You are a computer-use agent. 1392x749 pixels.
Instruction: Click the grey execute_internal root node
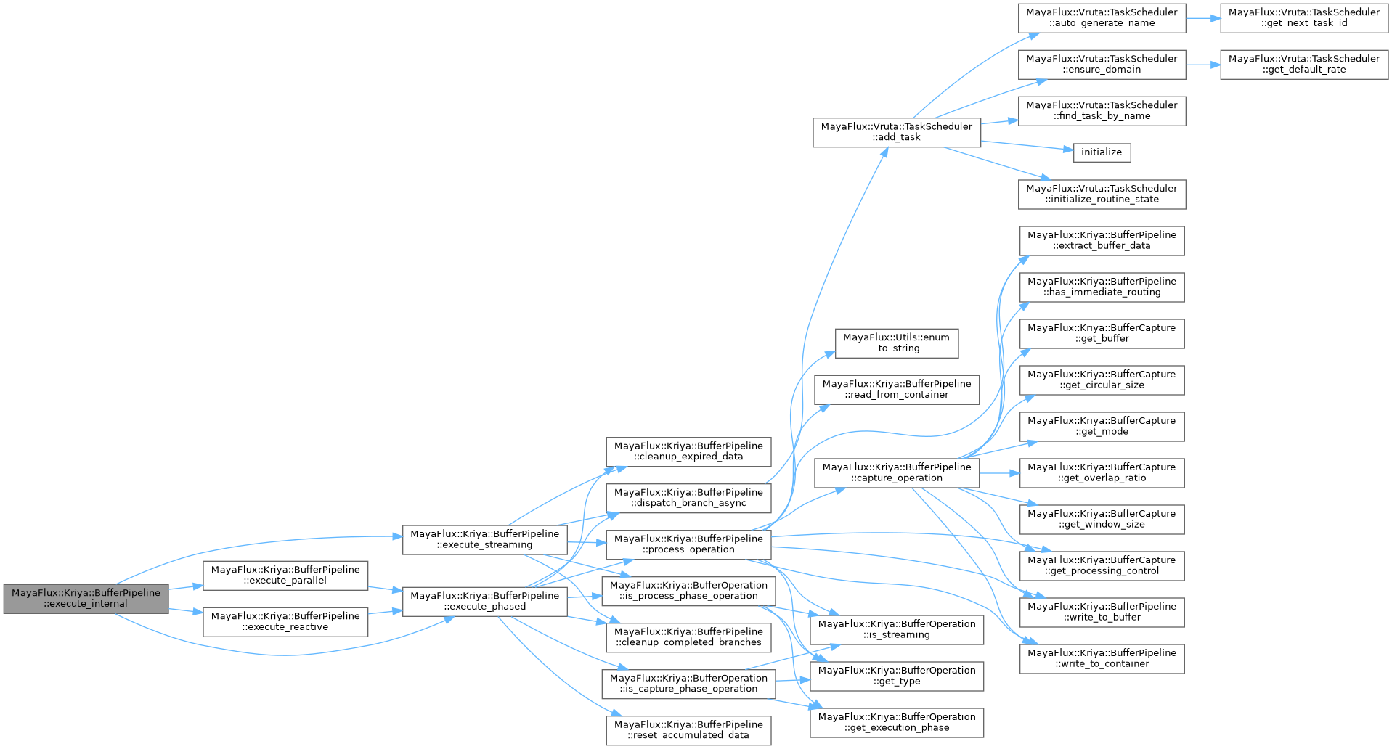86,598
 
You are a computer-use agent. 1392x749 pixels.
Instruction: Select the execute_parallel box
285,575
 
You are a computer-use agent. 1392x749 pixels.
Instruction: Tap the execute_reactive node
285,621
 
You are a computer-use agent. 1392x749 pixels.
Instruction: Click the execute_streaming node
484,539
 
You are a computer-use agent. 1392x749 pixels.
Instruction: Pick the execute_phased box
484,601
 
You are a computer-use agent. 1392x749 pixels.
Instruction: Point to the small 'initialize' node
1101,152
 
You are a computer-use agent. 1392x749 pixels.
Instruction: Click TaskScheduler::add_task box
896,132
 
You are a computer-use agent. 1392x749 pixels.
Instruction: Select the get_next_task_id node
1303,18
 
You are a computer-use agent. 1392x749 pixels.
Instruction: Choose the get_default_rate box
1303,65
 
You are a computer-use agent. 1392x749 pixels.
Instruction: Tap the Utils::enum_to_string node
896,343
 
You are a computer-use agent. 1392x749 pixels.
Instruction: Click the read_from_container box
896,389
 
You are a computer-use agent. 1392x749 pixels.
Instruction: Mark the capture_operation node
896,472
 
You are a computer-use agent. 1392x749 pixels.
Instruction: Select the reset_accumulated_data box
688,730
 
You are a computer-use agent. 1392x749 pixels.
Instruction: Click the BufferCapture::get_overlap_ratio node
1101,472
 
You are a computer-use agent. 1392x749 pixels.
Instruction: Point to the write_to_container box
1101,658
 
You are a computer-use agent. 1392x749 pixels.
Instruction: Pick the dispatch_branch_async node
688,498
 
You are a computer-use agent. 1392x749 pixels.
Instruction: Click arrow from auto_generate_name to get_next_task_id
1202,18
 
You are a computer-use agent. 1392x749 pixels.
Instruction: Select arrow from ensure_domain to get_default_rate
1202,65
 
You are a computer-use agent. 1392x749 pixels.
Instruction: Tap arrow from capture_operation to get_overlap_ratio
999,472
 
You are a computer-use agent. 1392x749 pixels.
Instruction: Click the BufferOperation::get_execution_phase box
896,722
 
